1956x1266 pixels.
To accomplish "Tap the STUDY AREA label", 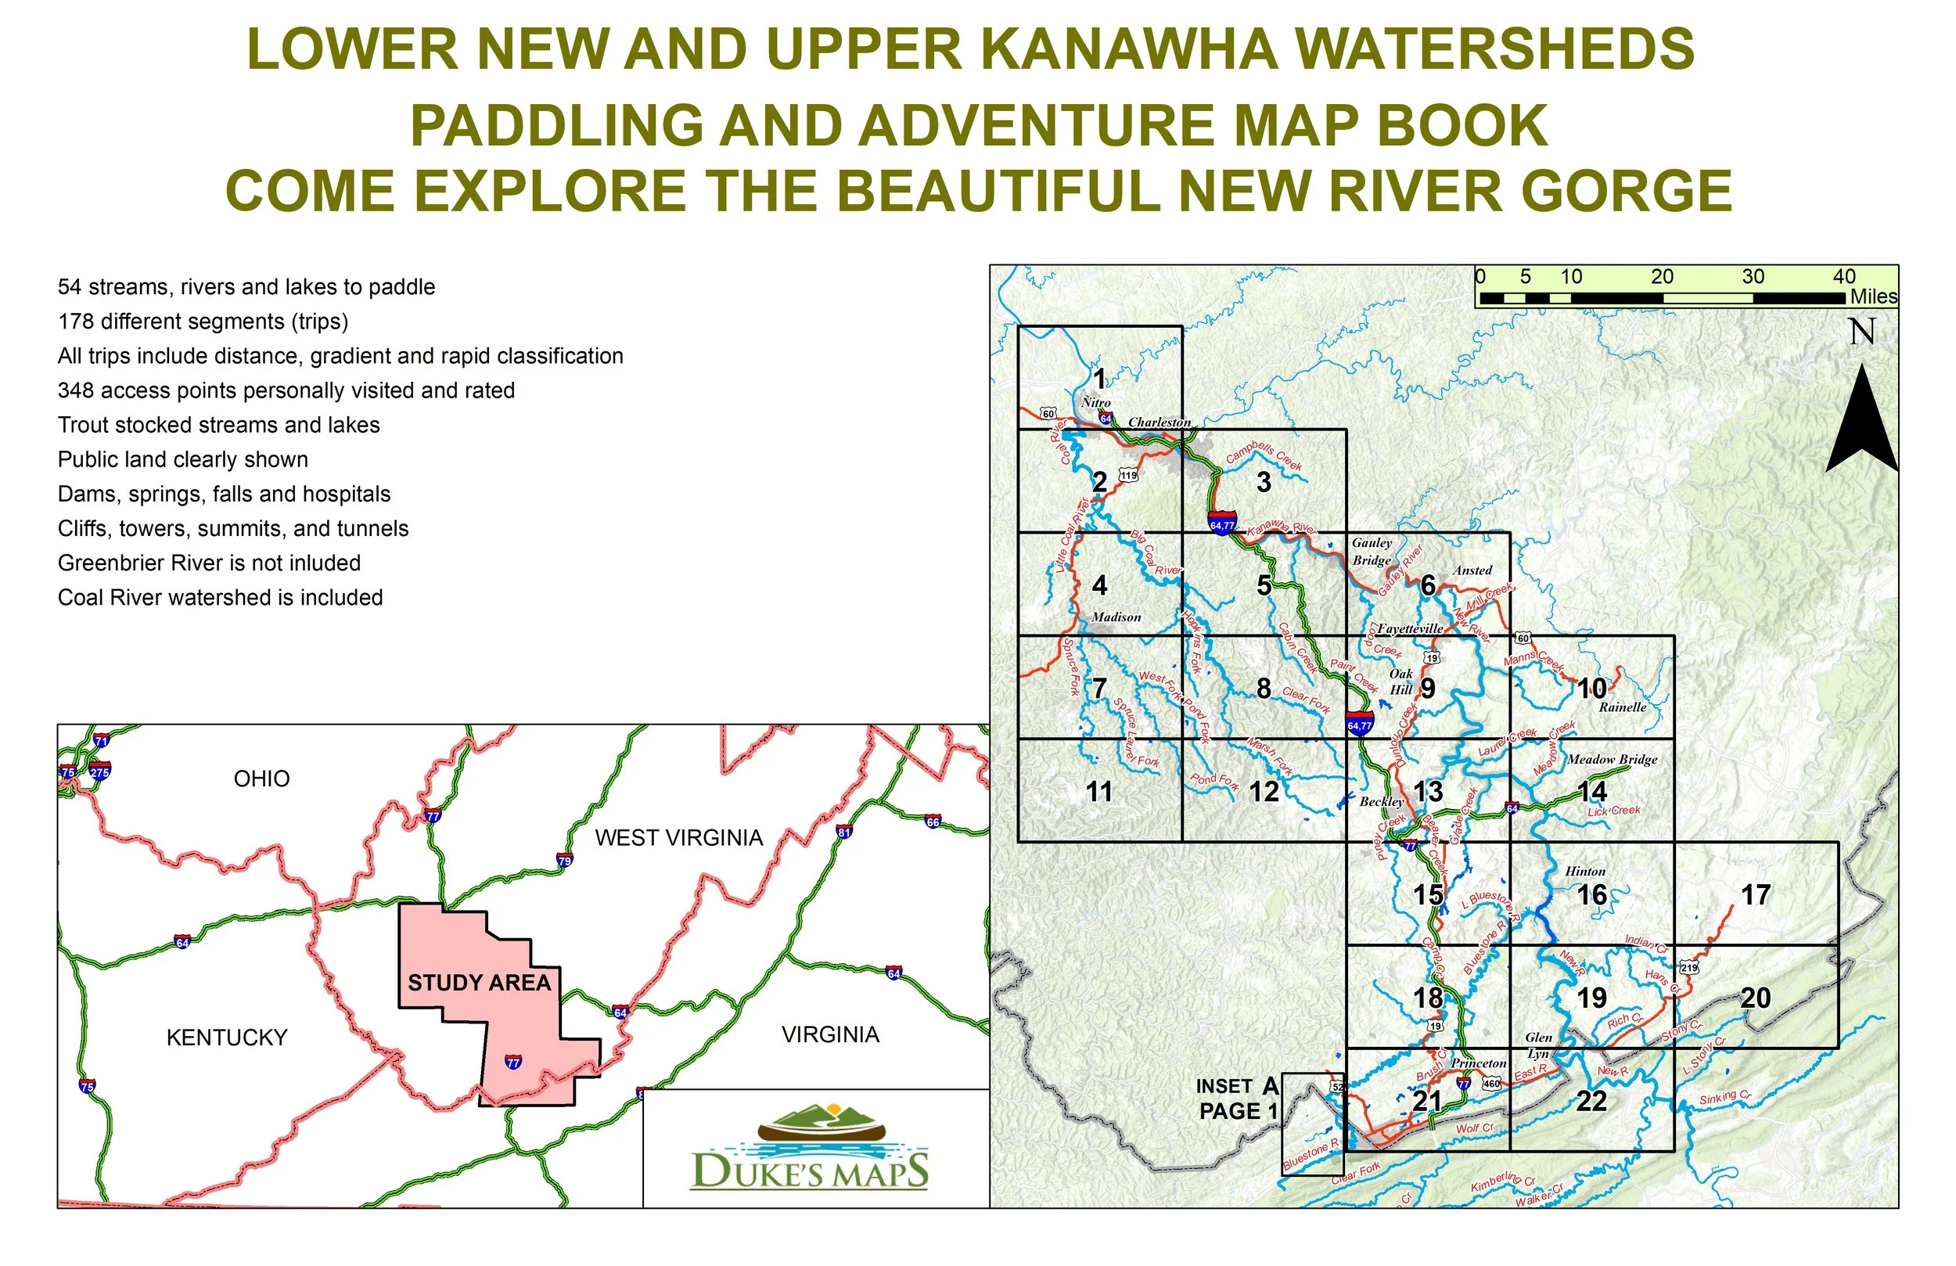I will click(479, 984).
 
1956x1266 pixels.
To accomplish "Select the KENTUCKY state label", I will click(227, 1038).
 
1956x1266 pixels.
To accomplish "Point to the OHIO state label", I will click(261, 779).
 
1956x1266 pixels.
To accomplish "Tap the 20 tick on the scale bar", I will click(1662, 277).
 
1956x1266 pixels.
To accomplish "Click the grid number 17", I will click(1756, 894).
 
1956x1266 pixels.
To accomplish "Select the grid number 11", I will click(1098, 792).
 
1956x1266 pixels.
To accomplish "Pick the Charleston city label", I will click(1159, 423).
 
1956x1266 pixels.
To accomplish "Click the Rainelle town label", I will click(1623, 707).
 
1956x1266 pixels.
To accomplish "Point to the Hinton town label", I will click(1585, 872).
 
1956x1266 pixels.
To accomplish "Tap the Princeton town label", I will click(1479, 1063).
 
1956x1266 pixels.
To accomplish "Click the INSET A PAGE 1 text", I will click(1237, 1099).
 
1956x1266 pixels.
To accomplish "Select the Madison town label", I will click(1116, 617).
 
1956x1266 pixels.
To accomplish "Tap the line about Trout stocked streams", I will click(218, 425).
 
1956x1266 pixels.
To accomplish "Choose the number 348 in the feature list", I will click(75, 390).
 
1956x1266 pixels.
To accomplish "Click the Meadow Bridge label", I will click(1612, 760).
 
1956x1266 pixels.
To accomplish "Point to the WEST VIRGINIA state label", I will click(679, 838).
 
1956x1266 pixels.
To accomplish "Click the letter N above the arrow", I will click(1861, 332).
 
